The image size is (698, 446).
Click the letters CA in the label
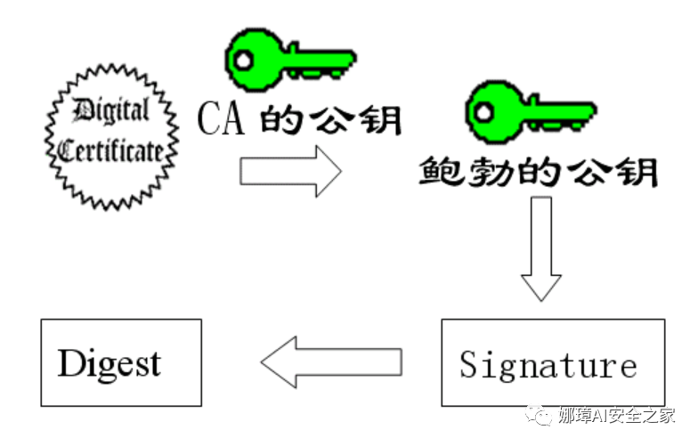tap(220, 118)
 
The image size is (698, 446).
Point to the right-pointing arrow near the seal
tap(289, 171)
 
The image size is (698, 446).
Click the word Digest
tap(110, 363)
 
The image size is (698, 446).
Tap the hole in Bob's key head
tap(482, 111)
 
